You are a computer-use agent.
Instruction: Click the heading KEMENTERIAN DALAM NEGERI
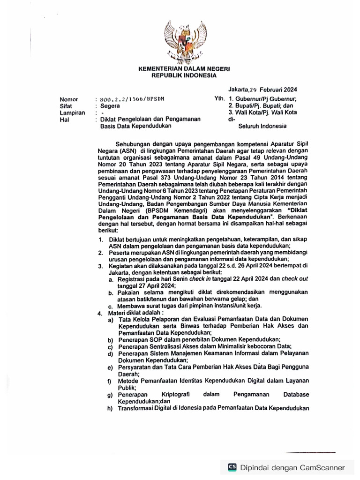[x=184, y=69]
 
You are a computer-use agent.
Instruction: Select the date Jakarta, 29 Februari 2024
[x=262, y=89]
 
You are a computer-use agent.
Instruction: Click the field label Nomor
[x=69, y=99]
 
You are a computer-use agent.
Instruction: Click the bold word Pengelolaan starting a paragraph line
[x=120, y=218]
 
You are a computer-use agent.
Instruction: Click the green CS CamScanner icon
[x=232, y=467]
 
